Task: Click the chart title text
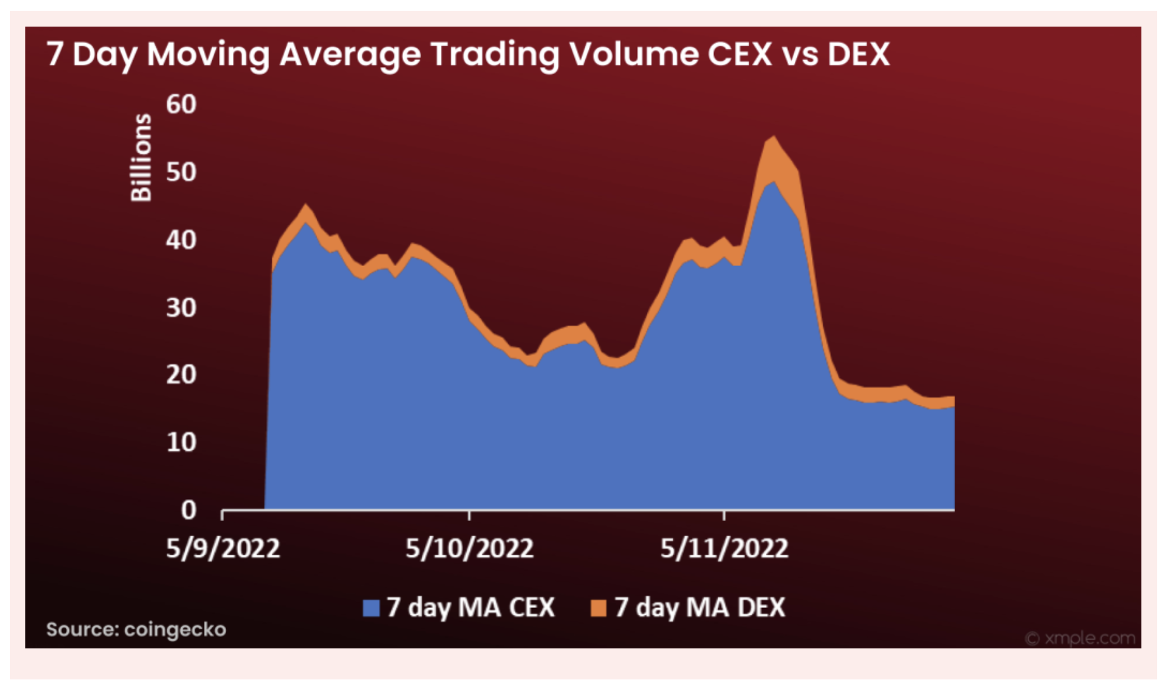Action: pos(467,54)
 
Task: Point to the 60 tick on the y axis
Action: pos(181,104)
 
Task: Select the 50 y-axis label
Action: pos(181,172)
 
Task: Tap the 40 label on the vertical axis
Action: pos(181,240)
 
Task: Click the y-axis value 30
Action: pos(181,308)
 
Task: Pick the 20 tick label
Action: pos(181,375)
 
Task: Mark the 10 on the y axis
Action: pos(181,442)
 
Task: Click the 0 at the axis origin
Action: pos(189,510)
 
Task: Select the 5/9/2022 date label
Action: pos(223,548)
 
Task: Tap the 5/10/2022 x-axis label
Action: pos(469,548)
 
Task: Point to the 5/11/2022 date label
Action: pos(724,548)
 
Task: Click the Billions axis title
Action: pos(141,158)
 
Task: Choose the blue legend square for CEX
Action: pos(371,608)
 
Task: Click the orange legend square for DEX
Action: pos(598,608)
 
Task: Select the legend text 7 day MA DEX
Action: pos(699,608)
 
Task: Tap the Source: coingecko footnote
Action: pos(136,629)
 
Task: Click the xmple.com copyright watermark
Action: pos(1080,638)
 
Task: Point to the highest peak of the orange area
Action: pos(773,137)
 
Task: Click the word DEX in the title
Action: pos(858,54)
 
